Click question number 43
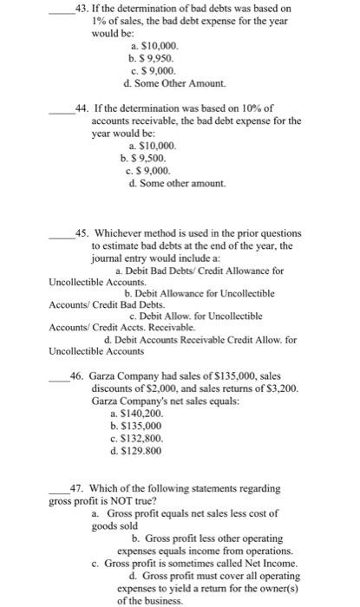click(82, 9)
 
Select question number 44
click(82, 108)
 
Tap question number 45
click(82, 233)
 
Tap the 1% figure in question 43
click(101, 21)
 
